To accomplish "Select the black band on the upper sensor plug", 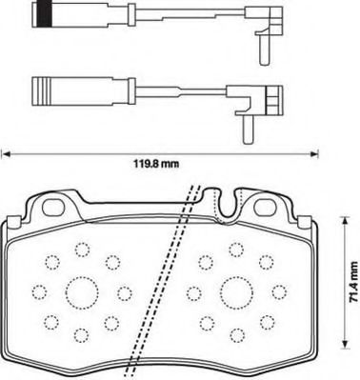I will [x=42, y=15].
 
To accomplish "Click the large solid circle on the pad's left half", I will [x=80, y=291].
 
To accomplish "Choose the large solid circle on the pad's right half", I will [x=234, y=291].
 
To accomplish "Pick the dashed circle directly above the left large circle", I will [x=81, y=250].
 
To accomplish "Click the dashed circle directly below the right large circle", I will [x=234, y=333].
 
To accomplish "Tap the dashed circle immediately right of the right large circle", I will [x=274, y=291].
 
